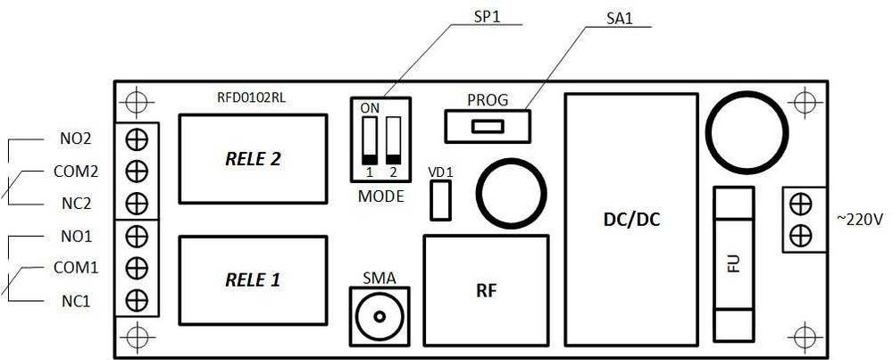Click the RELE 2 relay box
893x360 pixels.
point(254,159)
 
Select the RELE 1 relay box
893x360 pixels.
point(254,280)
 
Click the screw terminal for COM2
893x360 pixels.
point(137,171)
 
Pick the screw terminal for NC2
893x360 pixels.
point(137,203)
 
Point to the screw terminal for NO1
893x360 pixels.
point(137,236)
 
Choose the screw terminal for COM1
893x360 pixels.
point(137,267)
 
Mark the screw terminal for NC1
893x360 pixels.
point(137,300)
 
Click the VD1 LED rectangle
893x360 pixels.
point(440,200)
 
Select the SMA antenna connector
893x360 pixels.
point(380,315)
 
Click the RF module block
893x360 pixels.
point(486,290)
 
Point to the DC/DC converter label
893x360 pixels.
point(631,221)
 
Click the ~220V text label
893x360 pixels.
point(860,219)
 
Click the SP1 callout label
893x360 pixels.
point(487,16)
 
